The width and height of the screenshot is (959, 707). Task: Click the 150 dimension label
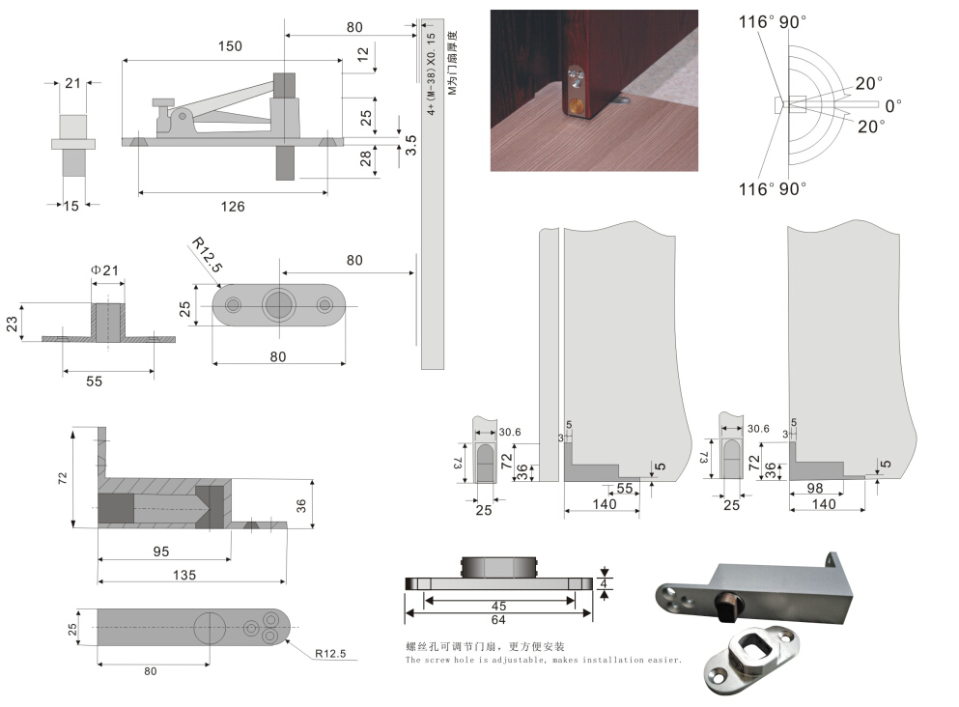coord(230,46)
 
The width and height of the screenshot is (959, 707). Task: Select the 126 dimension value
coord(233,206)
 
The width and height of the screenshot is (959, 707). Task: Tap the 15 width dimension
coord(71,205)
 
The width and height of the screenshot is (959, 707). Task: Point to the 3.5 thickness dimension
coord(411,146)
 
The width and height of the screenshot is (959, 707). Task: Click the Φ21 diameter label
coord(104,270)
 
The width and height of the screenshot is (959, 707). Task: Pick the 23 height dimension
coord(13,322)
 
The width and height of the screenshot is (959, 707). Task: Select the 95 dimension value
coord(160,551)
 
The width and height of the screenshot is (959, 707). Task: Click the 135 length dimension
coord(183,575)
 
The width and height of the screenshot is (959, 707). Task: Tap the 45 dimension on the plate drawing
coord(499,607)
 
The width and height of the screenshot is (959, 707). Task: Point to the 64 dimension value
coord(498,620)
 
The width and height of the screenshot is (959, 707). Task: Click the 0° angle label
coord(893,104)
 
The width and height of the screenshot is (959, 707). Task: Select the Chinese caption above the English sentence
coord(485,646)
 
